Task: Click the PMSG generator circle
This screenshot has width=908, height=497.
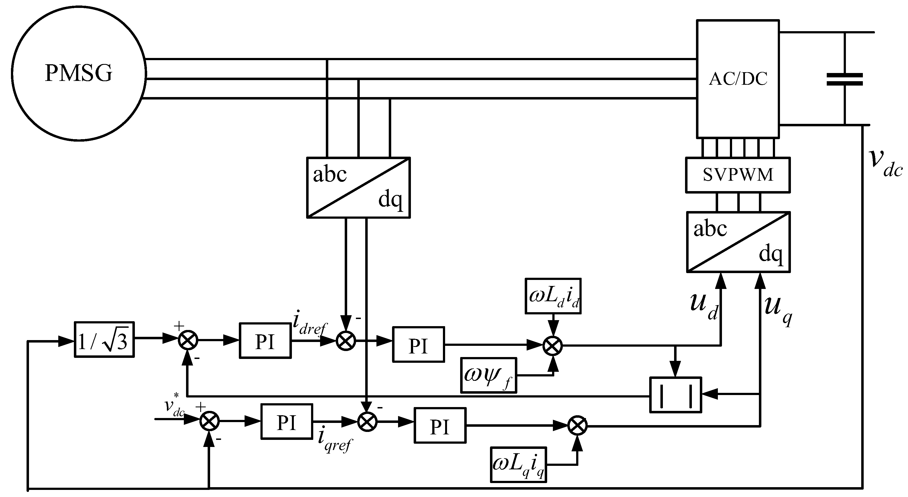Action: point(79,73)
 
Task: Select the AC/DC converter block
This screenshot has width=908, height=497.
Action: point(738,78)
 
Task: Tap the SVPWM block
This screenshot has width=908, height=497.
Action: point(738,175)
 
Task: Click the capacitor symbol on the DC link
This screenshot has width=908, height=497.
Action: point(845,80)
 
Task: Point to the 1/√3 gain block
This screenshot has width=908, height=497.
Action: point(104,340)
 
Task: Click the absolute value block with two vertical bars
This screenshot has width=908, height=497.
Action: point(675,395)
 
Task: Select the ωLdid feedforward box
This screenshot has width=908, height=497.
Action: point(553,296)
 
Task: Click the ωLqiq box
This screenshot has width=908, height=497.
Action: point(518,464)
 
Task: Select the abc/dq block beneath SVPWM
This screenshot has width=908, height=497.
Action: point(738,242)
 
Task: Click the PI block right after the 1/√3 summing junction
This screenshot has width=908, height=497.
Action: point(265,341)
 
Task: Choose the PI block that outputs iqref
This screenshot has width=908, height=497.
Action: point(286,422)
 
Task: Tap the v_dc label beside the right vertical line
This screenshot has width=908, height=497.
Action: point(884,163)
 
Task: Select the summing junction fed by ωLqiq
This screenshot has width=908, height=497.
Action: point(577,426)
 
